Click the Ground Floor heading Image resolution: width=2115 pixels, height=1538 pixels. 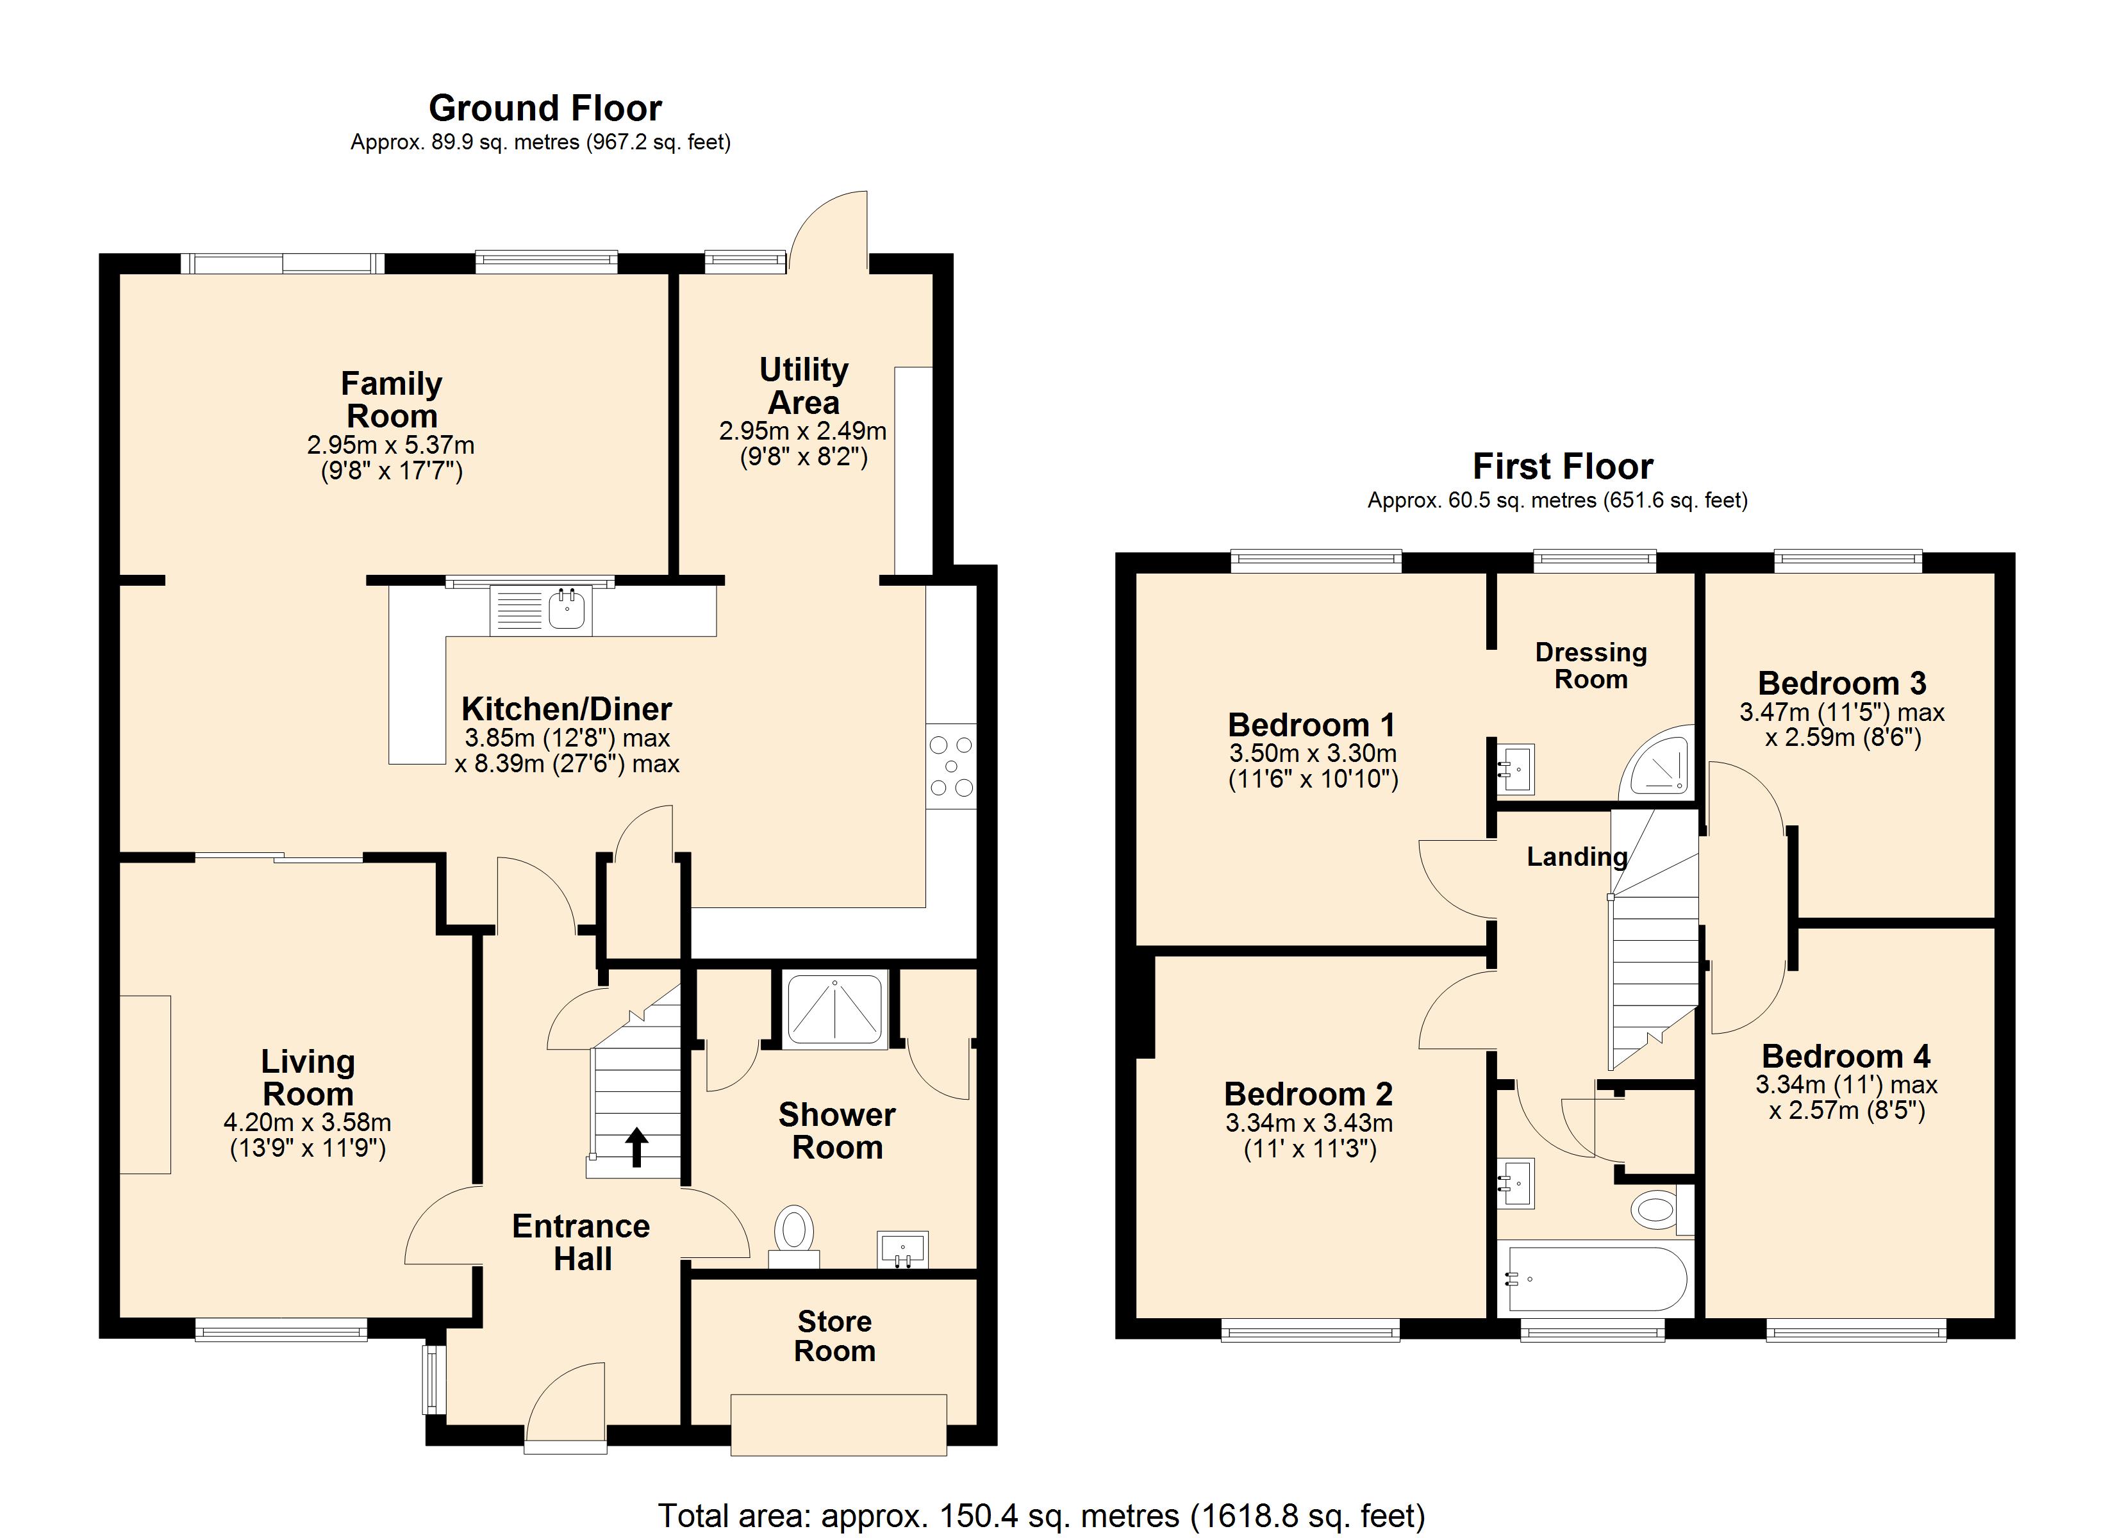[x=545, y=109]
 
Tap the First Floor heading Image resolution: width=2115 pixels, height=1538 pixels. [x=1563, y=467]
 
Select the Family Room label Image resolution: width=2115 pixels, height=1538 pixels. [x=392, y=399]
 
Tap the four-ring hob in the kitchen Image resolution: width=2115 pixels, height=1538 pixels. [x=951, y=766]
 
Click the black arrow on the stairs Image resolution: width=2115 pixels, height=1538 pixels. [x=637, y=1147]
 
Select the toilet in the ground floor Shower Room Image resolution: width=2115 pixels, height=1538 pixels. [x=793, y=1237]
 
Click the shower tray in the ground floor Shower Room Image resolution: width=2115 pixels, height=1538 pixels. [x=834, y=1010]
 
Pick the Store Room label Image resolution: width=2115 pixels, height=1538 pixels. [x=834, y=1335]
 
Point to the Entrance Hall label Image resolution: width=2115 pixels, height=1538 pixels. [x=581, y=1243]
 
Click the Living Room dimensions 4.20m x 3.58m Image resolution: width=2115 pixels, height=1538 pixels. [x=307, y=1122]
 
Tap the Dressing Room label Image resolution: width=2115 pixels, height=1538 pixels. [x=1591, y=666]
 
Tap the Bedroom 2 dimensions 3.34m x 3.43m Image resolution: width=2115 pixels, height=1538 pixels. [x=1309, y=1124]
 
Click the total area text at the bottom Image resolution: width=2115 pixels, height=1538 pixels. [x=1041, y=1516]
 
